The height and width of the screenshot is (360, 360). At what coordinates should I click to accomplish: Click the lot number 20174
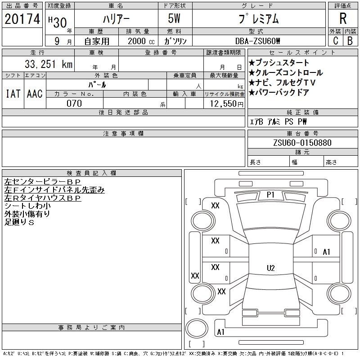[x=22, y=18]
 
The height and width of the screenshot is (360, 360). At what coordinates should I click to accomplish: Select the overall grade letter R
[x=343, y=18]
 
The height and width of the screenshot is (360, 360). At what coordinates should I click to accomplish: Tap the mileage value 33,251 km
[x=49, y=64]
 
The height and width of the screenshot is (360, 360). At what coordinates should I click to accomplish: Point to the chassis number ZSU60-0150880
[x=302, y=143]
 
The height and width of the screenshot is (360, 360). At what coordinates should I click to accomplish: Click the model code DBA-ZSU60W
[x=257, y=41]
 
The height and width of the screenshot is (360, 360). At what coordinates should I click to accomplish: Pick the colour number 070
[x=74, y=103]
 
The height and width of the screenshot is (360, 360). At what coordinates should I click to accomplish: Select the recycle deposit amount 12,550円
[x=227, y=104]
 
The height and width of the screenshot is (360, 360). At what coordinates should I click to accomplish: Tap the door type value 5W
[x=174, y=18]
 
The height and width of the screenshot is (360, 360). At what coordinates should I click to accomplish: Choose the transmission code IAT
[x=13, y=94]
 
